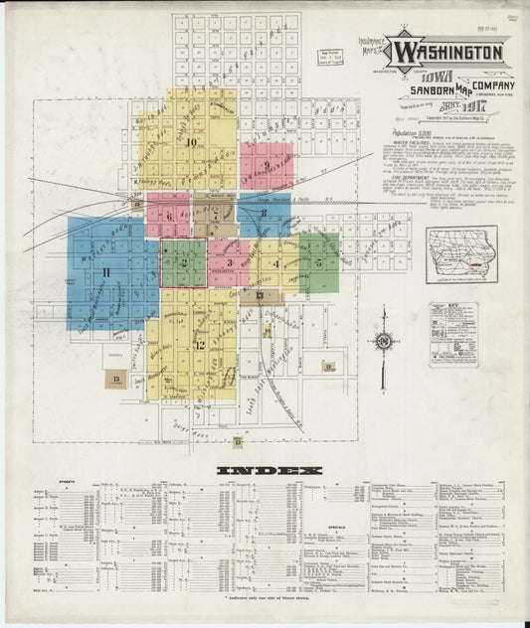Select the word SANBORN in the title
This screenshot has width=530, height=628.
435,91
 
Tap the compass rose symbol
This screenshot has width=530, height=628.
383,343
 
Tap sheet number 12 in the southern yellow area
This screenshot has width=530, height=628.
200,344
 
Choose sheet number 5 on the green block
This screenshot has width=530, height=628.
318,263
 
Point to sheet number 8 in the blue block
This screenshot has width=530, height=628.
264,213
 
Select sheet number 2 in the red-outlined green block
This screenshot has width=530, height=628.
185,263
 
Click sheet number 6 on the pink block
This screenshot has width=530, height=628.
170,217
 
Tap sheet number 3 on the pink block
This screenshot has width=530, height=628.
230,263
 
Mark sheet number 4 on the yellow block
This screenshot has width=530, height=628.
275,264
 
